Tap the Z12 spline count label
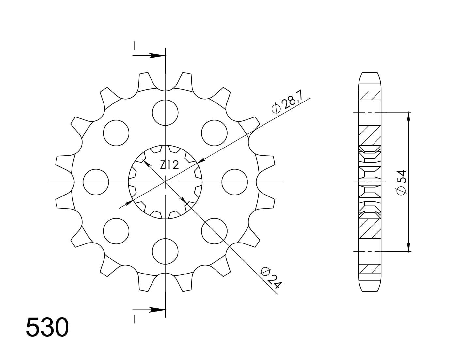tap(169, 165)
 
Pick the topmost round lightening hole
tap(165, 112)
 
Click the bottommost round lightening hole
tap(165, 251)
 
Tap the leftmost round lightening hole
tap(96, 182)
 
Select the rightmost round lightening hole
tap(234, 182)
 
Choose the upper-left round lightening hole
tap(116, 133)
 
